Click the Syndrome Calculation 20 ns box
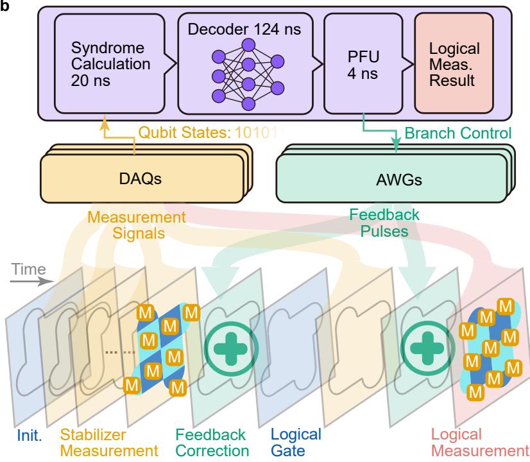pyautogui.click(x=110, y=64)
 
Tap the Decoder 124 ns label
pyautogui.click(x=244, y=29)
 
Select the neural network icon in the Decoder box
pyautogui.click(x=248, y=74)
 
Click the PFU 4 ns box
pyautogui.click(x=363, y=64)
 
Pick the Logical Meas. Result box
pyautogui.click(x=454, y=63)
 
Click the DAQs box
pyautogui.click(x=142, y=178)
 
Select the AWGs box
pyautogui.click(x=391, y=178)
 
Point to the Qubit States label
pyautogui.click(x=185, y=132)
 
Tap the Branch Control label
pyautogui.click(x=458, y=133)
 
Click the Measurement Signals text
pyautogui.click(x=137, y=225)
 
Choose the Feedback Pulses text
pyautogui.click(x=384, y=223)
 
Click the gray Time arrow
pyautogui.click(x=31, y=281)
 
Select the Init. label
pyautogui.click(x=30, y=436)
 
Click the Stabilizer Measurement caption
pyautogui.click(x=109, y=443)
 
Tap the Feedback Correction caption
pyautogui.click(x=212, y=443)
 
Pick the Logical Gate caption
pyautogui.click(x=296, y=443)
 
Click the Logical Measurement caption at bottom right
pyautogui.click(x=480, y=443)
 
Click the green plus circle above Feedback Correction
pyautogui.click(x=231, y=349)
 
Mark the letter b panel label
pyautogui.click(x=4, y=6)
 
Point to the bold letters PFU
pyautogui.click(x=363, y=56)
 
